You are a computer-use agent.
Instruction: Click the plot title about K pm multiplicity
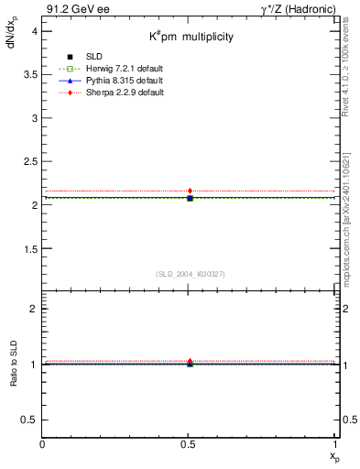coord(191,38)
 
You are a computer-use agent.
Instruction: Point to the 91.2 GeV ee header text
coord(77,8)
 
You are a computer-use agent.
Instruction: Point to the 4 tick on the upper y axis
coord(34,31)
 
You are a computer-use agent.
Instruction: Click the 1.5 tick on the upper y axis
coord(30,248)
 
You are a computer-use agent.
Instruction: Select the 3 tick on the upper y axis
coord(34,118)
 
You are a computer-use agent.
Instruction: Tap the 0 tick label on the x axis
coord(43,444)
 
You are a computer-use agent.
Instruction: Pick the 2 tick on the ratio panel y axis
coord(34,309)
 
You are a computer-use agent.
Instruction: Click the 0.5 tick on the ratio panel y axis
coord(30,420)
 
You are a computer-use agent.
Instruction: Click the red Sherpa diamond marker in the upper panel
coord(190,191)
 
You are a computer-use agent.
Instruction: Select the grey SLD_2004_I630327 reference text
coord(190,274)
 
